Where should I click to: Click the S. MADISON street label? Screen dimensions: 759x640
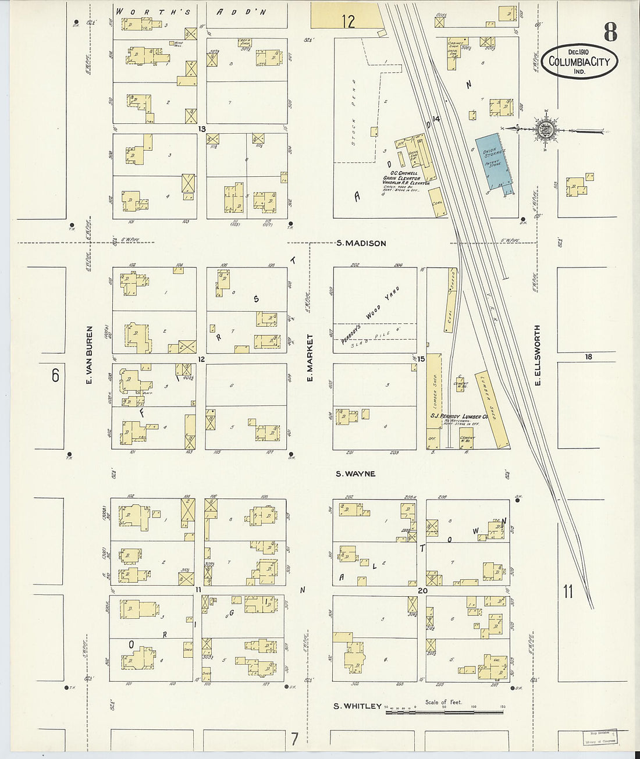(361, 243)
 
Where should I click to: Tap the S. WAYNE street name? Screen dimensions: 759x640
(355, 474)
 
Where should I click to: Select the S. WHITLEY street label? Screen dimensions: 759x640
(357, 706)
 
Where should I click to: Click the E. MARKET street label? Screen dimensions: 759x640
(310, 358)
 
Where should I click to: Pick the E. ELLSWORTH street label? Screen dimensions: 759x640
(538, 355)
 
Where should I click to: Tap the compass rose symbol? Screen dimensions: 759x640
(545, 129)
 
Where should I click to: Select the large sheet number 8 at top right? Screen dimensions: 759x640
(610, 33)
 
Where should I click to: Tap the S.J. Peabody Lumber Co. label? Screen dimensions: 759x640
(458, 416)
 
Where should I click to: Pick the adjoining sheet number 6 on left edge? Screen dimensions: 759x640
(55, 376)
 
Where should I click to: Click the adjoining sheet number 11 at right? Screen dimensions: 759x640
(568, 591)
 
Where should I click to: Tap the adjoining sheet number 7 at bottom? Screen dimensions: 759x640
(295, 739)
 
